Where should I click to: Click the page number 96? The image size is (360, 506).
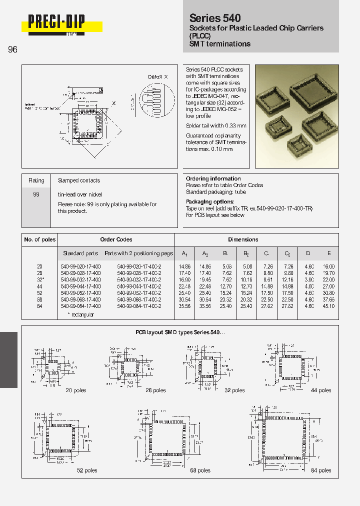coord(12,49)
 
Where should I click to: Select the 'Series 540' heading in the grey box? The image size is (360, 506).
coord(215,18)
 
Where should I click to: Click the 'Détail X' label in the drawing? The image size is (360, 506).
coord(158,76)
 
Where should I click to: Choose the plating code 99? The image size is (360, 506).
coord(36,194)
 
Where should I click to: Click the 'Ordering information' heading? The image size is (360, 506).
coord(213,178)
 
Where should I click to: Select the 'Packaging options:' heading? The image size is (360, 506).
coord(210,201)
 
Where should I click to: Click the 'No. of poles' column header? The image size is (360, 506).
coord(40,239)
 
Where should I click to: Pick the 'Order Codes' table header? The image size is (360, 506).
coord(116,239)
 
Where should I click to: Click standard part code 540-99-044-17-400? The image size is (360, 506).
coord(80,286)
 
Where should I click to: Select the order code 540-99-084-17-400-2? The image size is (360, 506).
coord(139,306)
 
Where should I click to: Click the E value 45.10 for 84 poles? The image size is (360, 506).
coord(328,306)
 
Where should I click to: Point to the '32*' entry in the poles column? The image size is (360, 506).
coord(40,280)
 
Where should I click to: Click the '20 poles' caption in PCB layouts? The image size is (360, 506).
coord(76,390)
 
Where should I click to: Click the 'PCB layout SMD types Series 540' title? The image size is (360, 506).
coord(180,332)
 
